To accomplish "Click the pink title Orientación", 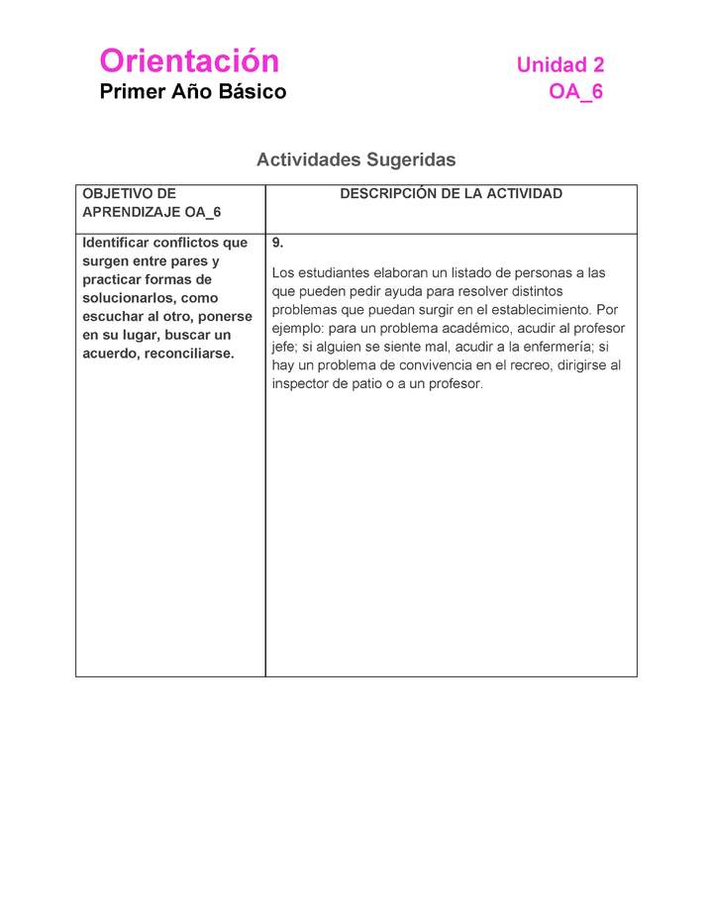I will coord(189,61).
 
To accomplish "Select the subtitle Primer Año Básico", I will coord(192,92).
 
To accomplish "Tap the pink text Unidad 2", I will coord(560,65).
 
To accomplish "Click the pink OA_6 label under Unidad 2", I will coord(575,92).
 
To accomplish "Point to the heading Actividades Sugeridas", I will coord(356,159).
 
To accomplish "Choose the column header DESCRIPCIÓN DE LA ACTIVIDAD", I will coord(451,194).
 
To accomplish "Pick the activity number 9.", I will coord(277,243).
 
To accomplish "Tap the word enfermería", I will coord(558,347).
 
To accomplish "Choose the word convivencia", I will coord(423,365).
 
